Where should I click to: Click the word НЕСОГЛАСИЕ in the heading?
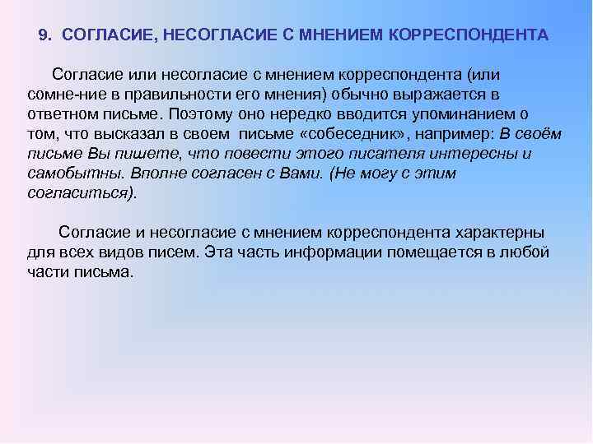coord(207,36)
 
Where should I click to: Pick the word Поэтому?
coord(202,113)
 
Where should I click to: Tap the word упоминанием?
coord(464,113)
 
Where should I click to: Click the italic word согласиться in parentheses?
coord(78,193)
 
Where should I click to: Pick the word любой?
coord(527,253)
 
